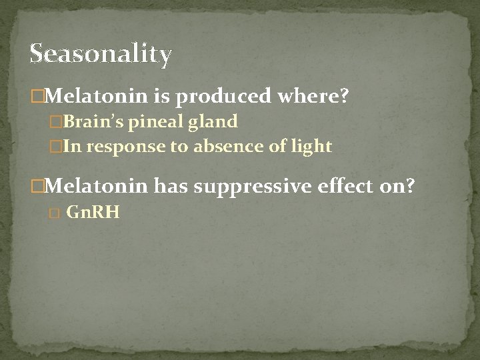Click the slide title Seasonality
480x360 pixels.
tap(101, 54)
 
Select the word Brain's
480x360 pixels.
tap(98, 122)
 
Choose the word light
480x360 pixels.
tap(310, 147)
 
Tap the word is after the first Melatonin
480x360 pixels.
tap(162, 97)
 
